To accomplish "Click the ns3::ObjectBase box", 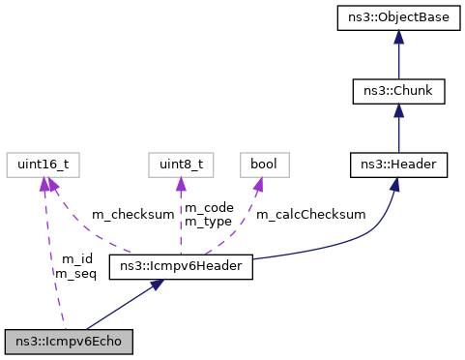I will tap(398, 16).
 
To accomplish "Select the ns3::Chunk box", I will tap(398, 91).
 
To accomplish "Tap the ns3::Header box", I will tap(398, 165).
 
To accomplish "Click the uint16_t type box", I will tap(41, 165).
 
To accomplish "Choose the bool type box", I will tap(264, 165).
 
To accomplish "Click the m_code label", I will tap(208, 208).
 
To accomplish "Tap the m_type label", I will tap(208, 222).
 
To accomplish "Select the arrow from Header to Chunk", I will tap(398, 129).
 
